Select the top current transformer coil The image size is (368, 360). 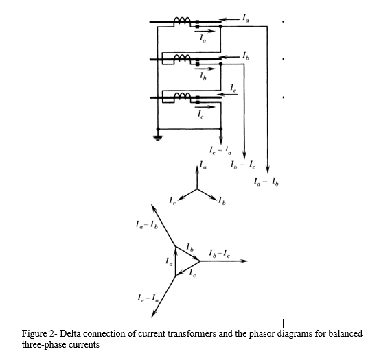183,22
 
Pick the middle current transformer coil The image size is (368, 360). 183,57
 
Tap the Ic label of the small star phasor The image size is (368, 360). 173,200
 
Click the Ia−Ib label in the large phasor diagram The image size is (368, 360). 146,225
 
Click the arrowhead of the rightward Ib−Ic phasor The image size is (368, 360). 243,261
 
